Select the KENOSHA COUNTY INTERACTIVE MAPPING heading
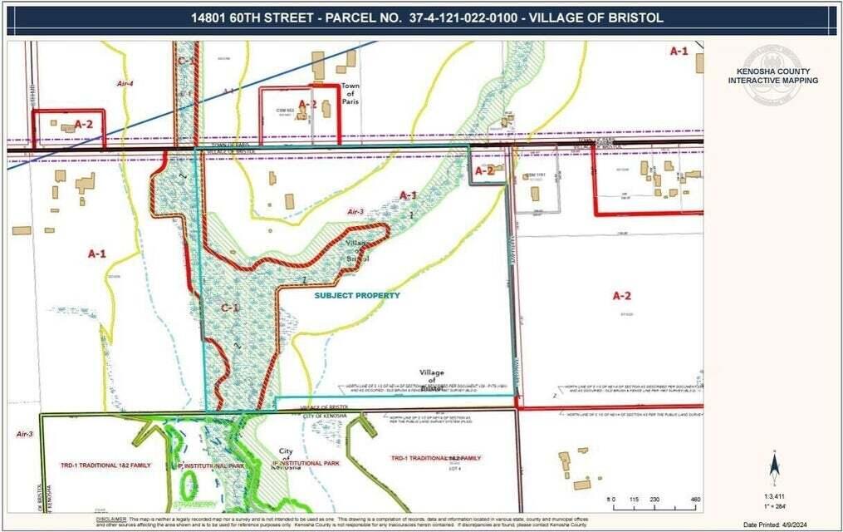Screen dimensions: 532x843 (772, 76)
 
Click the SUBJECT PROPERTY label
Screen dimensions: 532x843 (356, 295)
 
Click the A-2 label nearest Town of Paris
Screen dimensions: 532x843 (307, 104)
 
